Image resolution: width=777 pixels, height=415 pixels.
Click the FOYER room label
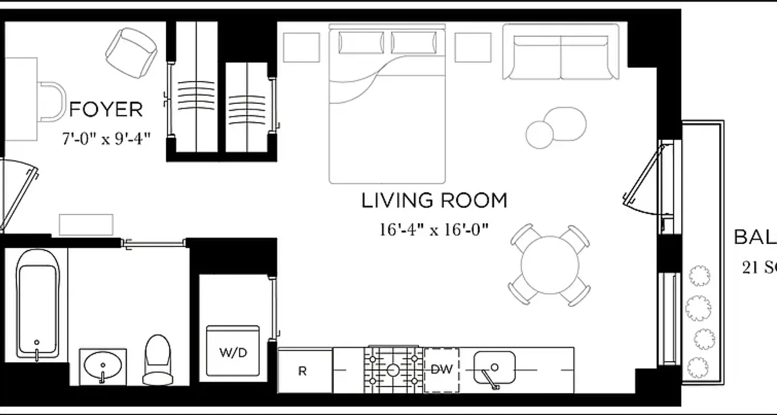106,110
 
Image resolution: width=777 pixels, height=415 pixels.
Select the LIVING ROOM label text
434,201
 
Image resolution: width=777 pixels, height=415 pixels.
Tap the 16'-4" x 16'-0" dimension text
434,229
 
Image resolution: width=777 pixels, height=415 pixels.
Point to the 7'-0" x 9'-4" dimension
106,139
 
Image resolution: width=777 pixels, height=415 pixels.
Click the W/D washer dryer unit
233,351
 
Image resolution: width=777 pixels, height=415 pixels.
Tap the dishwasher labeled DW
441,370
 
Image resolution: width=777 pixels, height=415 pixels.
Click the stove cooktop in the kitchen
393,369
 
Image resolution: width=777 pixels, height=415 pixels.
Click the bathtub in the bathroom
37,303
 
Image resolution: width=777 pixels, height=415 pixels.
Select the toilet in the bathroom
157,359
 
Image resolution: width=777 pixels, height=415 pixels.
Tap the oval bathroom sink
103,367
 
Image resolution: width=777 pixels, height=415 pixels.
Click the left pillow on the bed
361,43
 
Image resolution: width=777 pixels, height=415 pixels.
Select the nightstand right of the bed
472,47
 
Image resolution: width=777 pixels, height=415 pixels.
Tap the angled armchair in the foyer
132,53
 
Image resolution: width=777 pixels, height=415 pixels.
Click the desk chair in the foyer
52,102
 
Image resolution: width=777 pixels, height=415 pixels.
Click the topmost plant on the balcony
699,275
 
